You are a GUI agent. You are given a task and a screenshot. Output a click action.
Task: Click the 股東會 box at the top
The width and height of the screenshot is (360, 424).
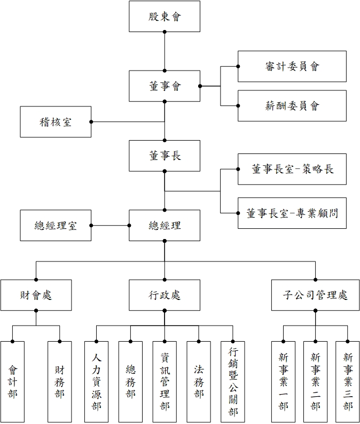[165, 16]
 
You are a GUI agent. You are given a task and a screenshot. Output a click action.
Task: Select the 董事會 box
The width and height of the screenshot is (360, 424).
[165, 86]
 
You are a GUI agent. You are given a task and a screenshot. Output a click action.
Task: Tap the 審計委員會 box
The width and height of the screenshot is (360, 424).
[292, 66]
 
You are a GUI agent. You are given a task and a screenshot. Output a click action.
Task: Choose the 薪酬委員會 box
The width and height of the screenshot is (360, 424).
[292, 105]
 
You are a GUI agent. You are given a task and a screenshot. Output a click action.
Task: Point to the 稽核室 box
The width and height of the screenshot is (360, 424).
[56, 121]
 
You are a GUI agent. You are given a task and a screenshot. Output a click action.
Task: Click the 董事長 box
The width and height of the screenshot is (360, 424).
[165, 156]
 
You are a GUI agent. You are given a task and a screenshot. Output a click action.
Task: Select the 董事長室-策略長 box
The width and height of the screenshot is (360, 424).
[292, 169]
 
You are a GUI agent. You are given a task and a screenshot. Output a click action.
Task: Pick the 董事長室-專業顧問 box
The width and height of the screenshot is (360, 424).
[292, 213]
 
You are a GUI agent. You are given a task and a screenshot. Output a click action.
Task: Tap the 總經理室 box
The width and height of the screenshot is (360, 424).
[56, 225]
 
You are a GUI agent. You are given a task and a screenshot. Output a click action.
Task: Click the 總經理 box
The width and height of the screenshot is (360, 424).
[165, 225]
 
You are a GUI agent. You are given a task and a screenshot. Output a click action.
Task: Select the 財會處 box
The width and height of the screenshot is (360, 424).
[36, 295]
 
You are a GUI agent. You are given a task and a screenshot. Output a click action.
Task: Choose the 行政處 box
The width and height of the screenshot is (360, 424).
[165, 295]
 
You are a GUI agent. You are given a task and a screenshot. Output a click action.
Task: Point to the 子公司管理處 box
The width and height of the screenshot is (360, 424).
[315, 295]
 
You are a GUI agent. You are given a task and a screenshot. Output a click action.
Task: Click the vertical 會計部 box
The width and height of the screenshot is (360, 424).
[12, 381]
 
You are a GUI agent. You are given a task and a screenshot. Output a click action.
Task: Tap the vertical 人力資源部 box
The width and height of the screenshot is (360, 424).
[96, 381]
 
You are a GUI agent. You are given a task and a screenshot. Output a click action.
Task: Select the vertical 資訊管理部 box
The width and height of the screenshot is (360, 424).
[165, 381]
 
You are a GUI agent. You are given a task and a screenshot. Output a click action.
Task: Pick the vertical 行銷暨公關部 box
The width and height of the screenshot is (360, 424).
[233, 381]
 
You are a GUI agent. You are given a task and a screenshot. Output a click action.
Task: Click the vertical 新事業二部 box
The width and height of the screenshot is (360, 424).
[315, 381]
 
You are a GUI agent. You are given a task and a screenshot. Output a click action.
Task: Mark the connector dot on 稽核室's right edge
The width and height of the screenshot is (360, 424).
[91, 121]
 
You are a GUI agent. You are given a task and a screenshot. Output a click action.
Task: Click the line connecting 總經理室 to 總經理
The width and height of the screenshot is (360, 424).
[110, 225]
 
